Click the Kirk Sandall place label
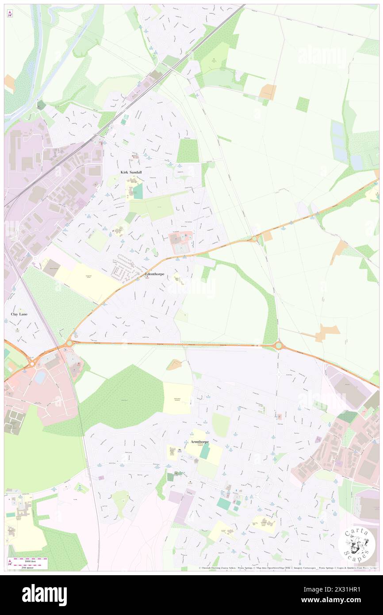coord(132,172)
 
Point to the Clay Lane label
coord(19,314)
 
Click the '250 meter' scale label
coord(28,567)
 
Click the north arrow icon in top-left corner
coord(10,13)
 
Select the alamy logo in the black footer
coord(45,595)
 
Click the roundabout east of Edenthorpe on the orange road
coord(254,239)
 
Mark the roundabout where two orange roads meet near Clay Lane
coord(69,343)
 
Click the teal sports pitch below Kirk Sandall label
coord(138,191)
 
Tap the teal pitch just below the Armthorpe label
coord(205,451)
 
